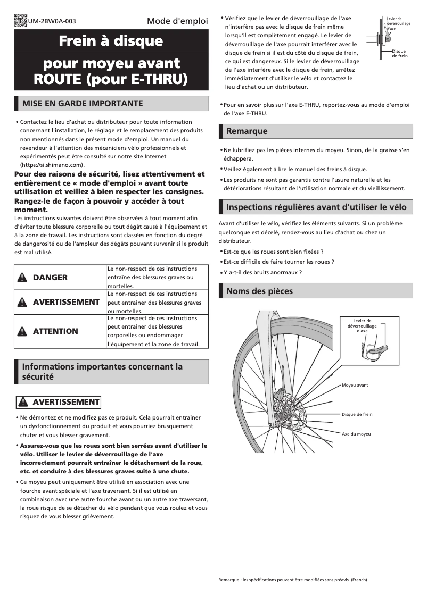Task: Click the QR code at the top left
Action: coord(20,21)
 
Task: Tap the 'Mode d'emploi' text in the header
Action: coord(177,21)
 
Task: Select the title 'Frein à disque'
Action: coord(111,41)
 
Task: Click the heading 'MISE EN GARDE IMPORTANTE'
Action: coord(82,103)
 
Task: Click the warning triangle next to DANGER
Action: coord(22,278)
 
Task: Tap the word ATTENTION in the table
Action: coord(55,331)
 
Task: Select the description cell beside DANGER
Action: coord(157,278)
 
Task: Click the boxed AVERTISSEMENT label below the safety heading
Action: coord(59,402)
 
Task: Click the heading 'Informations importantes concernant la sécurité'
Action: coord(102,372)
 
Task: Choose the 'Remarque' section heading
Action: coord(247,131)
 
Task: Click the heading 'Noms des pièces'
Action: coord(259,291)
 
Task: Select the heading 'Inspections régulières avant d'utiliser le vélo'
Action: coord(316,207)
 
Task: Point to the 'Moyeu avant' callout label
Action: coord(355,385)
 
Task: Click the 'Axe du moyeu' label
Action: coord(356,434)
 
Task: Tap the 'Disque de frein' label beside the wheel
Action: coord(357,414)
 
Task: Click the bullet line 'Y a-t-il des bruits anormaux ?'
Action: coord(262,272)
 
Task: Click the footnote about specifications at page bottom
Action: coord(292,579)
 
